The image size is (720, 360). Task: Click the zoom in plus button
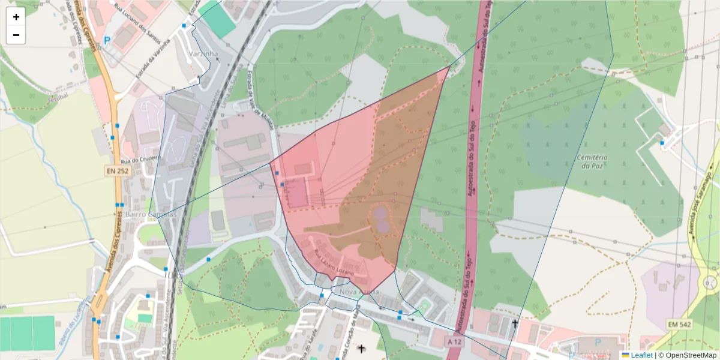pyautogui.click(x=16, y=17)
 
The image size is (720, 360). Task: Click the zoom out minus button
pyautogui.click(x=16, y=35)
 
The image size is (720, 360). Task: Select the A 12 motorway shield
pyautogui.click(x=455, y=341)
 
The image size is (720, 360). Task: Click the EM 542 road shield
pyautogui.click(x=679, y=325)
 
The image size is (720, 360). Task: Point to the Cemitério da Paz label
pyautogui.click(x=592, y=162)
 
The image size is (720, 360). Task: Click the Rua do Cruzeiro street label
pyautogui.click(x=142, y=160)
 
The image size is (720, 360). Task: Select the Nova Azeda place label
pyautogui.click(x=359, y=292)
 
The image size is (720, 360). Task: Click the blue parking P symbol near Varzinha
pyautogui.click(x=107, y=41)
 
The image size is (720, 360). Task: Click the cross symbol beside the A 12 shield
pyautogui.click(x=515, y=324)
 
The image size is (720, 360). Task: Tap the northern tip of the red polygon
pyautogui.click(x=449, y=67)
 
